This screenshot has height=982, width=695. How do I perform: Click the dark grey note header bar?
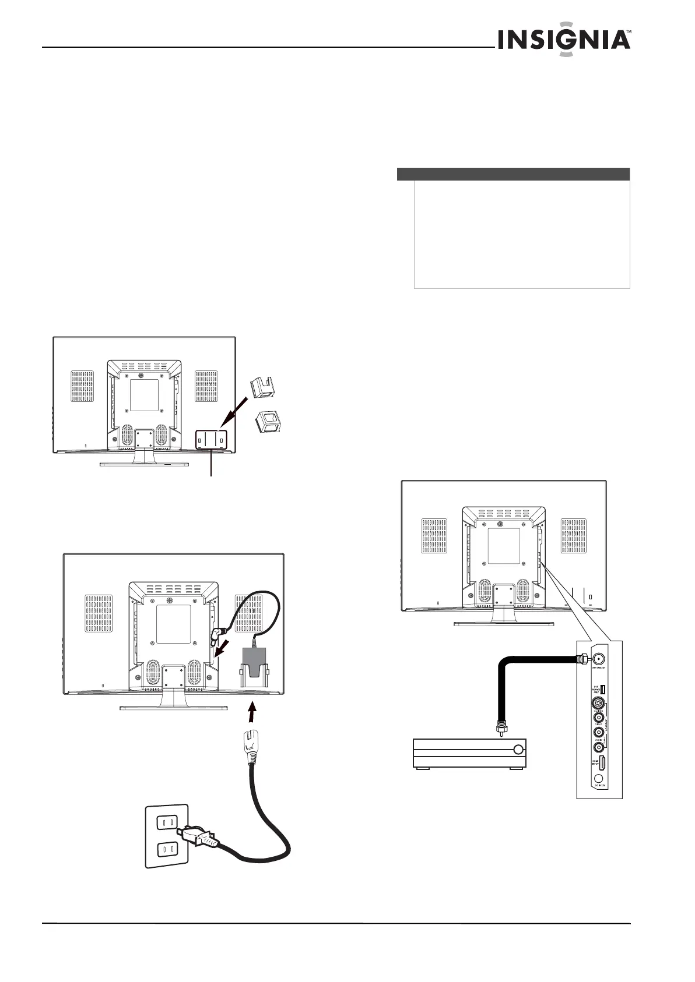click(x=513, y=174)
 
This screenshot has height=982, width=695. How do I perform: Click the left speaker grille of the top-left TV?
click(x=84, y=386)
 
